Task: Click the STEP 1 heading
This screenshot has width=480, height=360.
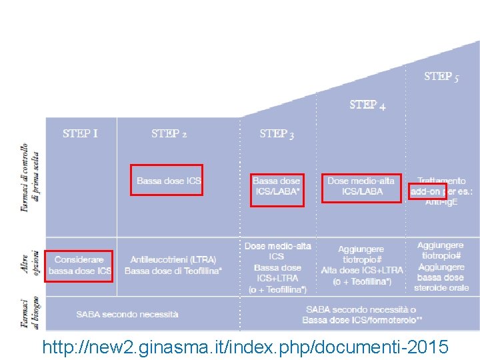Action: coord(80,133)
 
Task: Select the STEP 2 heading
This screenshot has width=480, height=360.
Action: coord(169,133)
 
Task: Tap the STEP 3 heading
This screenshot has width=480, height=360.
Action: coord(277,134)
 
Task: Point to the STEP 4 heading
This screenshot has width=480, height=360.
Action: coord(367,105)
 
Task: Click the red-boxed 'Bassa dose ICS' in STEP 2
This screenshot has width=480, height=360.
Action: coord(167,180)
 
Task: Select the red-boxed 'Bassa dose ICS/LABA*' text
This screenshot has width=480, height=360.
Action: coord(277,186)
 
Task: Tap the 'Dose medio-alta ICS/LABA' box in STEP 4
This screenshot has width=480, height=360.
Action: coord(361,186)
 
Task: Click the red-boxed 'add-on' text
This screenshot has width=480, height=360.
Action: coord(427,191)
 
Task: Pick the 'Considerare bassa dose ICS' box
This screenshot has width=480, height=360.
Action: coord(79,265)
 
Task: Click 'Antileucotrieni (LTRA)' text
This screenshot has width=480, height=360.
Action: coord(173,259)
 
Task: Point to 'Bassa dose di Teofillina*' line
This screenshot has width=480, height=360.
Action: coord(173,271)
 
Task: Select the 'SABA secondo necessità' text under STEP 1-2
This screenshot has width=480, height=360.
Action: coord(127,313)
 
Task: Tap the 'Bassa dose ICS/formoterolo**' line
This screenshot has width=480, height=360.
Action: coord(362,320)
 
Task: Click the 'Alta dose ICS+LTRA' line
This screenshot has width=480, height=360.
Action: coord(362,270)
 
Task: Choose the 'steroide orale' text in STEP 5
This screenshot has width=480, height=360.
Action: coord(441,287)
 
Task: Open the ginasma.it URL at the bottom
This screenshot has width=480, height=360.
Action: coord(245,347)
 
